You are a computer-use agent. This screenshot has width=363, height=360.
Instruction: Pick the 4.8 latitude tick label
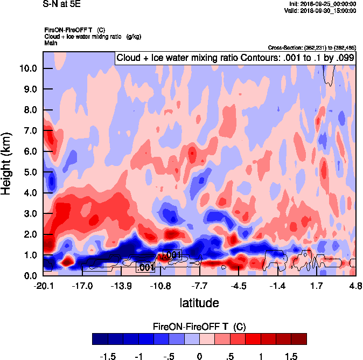pyautogui.click(x=355, y=286)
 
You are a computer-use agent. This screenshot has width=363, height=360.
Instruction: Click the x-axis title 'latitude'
pyautogui.click(x=199, y=303)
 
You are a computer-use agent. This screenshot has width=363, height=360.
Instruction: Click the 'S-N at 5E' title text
pyautogui.click(x=61, y=4)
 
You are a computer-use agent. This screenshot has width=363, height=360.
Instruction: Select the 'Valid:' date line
pyautogui.click(x=320, y=10)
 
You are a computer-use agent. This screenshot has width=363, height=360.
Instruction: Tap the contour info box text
pyautogui.click(x=235, y=58)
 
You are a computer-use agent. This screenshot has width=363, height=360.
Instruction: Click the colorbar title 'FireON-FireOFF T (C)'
pyautogui.click(x=199, y=327)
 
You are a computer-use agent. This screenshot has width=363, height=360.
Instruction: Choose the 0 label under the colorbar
pyautogui.click(x=199, y=356)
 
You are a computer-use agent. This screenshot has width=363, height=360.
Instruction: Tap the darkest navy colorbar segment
pyautogui.click(x=100, y=339)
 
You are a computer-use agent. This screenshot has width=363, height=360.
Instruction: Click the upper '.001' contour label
pyautogui.click(x=172, y=255)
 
